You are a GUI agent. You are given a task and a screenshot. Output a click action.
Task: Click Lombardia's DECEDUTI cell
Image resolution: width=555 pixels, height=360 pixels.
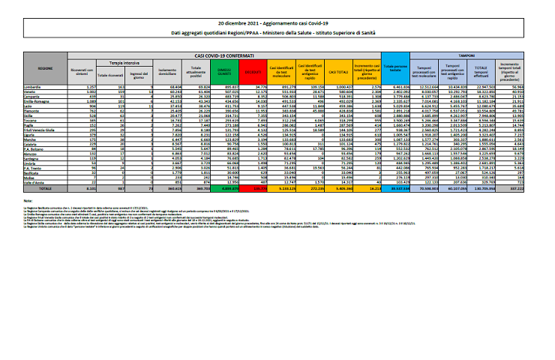259,87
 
